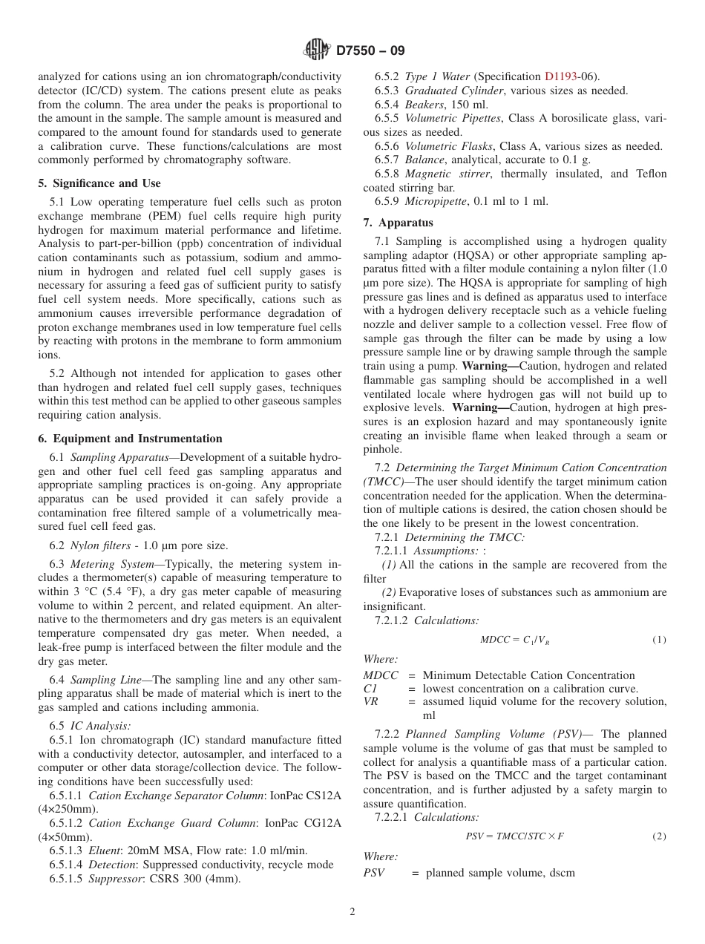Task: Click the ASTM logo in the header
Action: [317, 50]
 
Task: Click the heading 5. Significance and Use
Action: [99, 183]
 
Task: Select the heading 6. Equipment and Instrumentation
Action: [130, 439]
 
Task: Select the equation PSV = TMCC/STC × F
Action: [514, 836]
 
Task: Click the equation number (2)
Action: [659, 836]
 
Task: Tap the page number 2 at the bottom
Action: [352, 912]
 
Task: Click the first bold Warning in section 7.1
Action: [488, 367]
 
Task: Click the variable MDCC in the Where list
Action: [380, 675]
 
